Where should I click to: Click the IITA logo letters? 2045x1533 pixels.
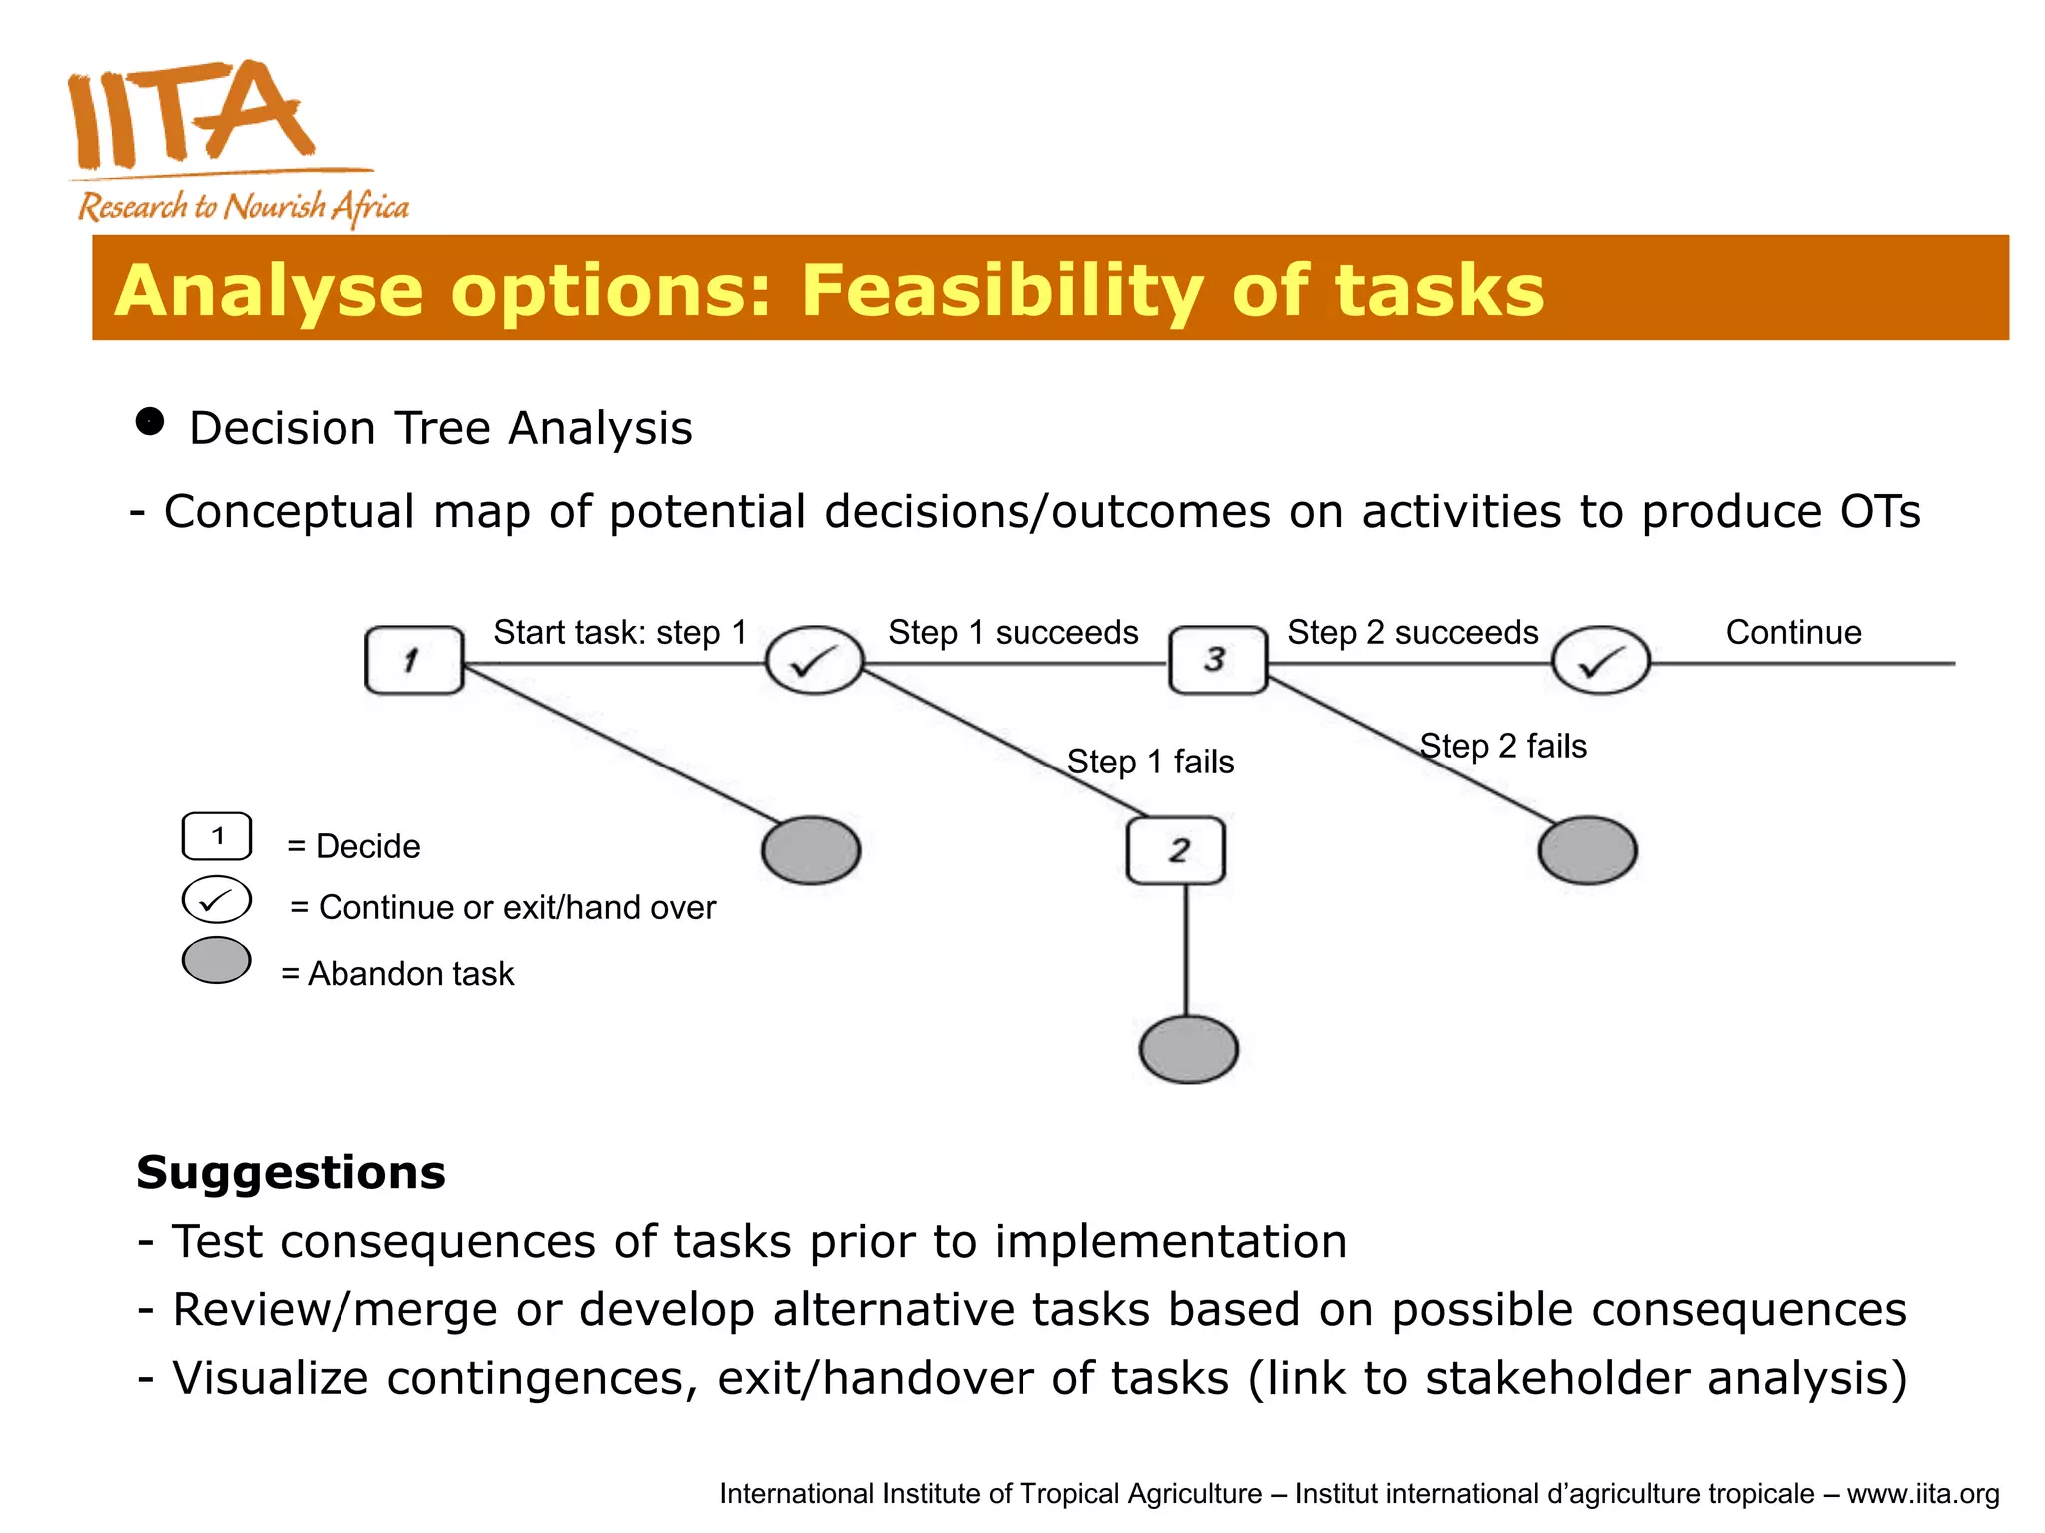190,115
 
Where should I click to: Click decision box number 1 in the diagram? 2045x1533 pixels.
414,660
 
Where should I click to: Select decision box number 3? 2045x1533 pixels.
1217,660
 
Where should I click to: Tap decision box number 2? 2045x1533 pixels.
1176,850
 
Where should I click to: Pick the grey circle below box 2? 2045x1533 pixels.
1188,1049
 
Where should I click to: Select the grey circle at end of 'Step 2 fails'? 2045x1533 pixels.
1587,850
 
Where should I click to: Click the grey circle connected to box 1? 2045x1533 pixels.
811,850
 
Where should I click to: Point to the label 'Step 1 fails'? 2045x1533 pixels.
1150,762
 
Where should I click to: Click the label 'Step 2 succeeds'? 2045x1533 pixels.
1412,632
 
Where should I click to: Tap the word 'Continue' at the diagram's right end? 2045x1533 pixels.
1793,632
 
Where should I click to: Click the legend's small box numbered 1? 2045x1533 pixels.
217,836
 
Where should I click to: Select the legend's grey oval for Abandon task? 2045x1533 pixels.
217,960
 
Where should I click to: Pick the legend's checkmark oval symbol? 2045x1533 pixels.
217,899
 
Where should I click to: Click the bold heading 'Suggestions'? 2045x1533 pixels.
291,1172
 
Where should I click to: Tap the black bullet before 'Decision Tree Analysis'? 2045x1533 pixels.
149,422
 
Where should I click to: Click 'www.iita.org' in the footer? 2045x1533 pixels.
1922,1494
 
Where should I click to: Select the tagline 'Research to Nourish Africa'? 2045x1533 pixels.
244,207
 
